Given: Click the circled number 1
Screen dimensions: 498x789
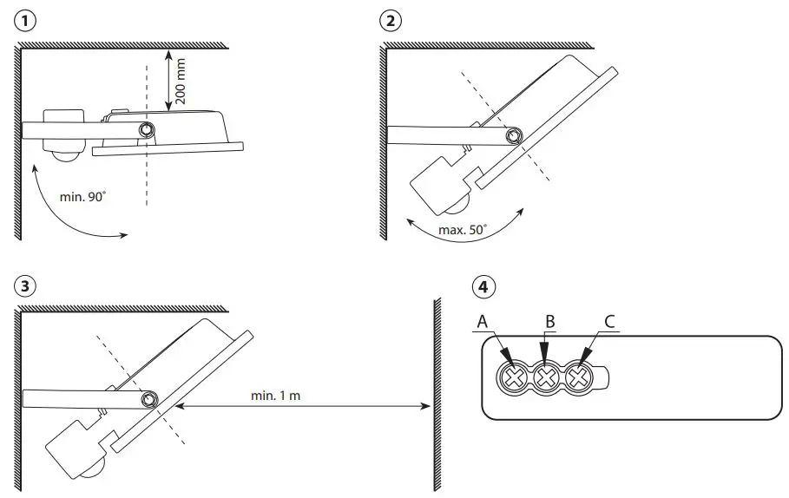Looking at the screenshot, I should tap(26, 22).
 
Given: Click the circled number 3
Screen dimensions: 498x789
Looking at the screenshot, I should tap(26, 287).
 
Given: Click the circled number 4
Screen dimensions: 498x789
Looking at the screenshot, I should tap(483, 287).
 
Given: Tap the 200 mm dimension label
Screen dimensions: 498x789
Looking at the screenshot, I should tap(181, 82).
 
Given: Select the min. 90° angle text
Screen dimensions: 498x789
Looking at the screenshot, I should tap(82, 197).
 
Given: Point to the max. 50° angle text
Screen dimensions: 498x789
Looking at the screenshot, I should tap(464, 229).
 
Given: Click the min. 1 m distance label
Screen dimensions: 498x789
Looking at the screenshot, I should tap(276, 395).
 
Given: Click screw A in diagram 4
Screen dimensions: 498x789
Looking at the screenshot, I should tap(514, 377).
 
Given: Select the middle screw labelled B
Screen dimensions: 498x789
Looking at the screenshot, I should tap(546, 377).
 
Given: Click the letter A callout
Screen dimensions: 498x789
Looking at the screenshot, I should tap(483, 322).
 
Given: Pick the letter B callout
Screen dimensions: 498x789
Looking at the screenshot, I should tap(549, 322).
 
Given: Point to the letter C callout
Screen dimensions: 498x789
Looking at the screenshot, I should tap(609, 322).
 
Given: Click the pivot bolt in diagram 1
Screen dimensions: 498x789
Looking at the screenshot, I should tap(148, 130).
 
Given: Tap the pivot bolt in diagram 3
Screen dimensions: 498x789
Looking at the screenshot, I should tap(149, 399).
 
